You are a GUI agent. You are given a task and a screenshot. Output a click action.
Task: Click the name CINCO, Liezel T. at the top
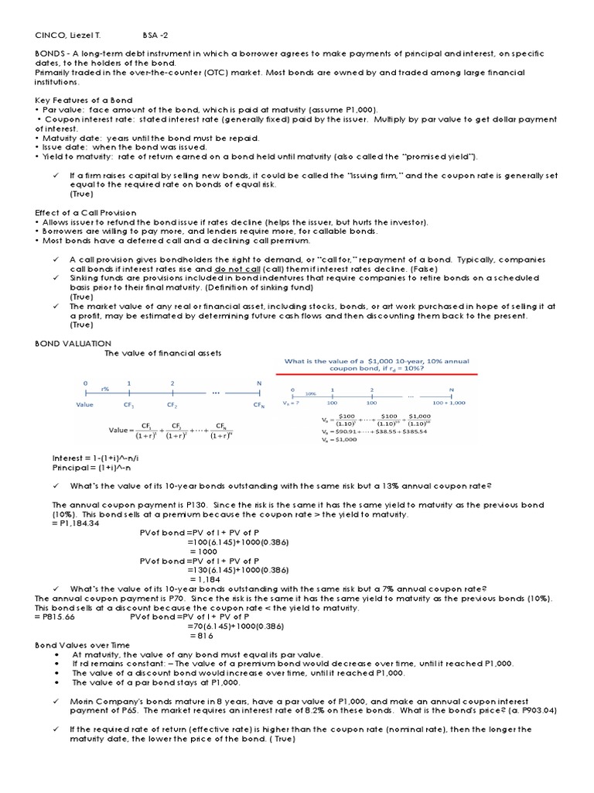(x=67, y=35)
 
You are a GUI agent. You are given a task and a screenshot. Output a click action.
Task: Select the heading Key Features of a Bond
(x=84, y=101)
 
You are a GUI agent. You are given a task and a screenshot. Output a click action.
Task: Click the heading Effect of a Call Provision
(x=85, y=212)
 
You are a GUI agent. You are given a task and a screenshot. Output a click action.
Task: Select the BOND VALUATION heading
(x=73, y=343)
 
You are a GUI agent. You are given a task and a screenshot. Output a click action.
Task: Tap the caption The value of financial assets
(x=162, y=353)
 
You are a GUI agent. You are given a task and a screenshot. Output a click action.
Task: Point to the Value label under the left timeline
(x=85, y=404)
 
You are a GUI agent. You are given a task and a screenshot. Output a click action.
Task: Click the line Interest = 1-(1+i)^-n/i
(x=97, y=458)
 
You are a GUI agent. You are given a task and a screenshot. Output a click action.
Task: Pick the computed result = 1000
(x=203, y=551)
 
